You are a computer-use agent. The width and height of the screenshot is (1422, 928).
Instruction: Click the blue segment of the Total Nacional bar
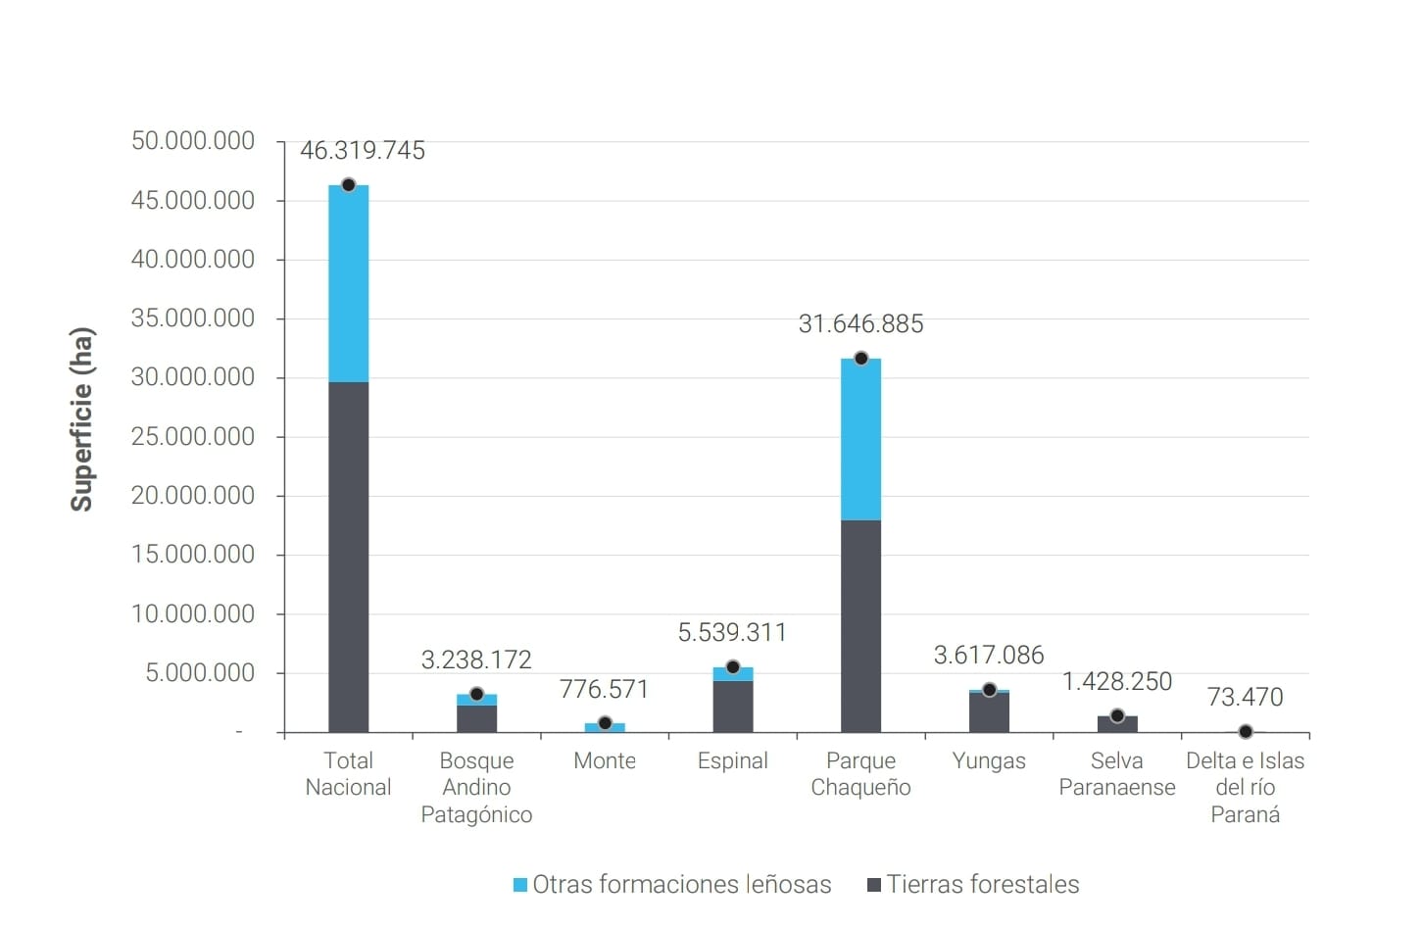[x=348, y=284]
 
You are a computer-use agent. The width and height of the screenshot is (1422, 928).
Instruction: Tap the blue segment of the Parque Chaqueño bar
[x=860, y=439]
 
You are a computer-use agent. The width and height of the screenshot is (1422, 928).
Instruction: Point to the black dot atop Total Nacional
[x=348, y=185]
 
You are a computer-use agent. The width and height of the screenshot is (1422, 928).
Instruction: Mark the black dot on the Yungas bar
[x=989, y=690]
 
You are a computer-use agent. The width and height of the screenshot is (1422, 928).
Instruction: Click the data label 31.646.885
[x=860, y=324]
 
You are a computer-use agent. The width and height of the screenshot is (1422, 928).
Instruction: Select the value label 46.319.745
[x=362, y=151]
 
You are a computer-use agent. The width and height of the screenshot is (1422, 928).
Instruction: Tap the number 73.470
[x=1245, y=698]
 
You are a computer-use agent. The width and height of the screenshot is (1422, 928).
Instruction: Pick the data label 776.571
[x=604, y=690]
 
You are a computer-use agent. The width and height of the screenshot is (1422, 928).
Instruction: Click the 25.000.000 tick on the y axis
[x=192, y=437]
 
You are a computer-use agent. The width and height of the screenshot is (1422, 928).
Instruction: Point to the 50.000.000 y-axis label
[x=192, y=141]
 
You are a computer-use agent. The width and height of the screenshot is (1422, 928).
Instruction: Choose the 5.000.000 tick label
[x=200, y=673]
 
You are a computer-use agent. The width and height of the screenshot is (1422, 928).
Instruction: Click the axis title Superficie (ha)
[x=81, y=419]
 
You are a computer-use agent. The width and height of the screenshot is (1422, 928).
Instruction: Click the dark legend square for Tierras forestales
[x=874, y=885]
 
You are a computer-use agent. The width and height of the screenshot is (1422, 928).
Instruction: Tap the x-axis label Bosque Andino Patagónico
[x=476, y=787]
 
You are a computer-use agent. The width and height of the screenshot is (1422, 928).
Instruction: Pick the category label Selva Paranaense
[x=1116, y=774]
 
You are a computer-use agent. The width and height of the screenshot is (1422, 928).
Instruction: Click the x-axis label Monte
[x=604, y=761]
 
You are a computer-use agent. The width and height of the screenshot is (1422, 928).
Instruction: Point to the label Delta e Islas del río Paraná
[x=1245, y=787]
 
